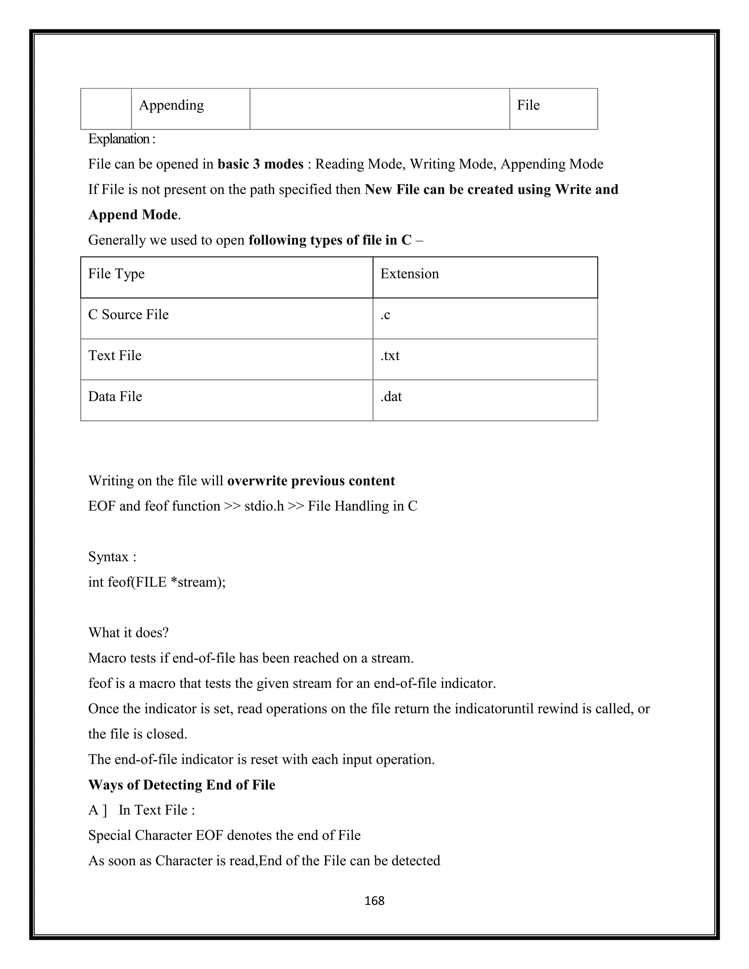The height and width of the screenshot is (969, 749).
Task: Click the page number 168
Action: pos(374,900)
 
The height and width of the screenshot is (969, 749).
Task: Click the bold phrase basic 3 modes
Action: pos(260,164)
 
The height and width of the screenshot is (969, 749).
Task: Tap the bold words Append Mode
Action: pos(133,215)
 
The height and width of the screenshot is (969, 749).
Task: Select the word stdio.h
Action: pos(264,506)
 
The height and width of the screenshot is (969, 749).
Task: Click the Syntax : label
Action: pos(112,557)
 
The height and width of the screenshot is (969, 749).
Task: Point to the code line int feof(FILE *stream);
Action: pos(157,582)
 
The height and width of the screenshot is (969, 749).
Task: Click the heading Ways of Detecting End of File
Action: pos(181,785)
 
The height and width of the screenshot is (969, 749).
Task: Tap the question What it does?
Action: pos(128,633)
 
